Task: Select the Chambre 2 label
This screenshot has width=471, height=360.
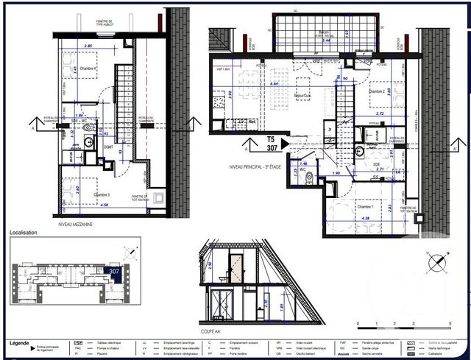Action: (x=377, y=92)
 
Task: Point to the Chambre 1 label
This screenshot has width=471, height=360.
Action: (x=366, y=208)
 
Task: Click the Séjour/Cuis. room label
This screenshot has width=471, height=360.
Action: (x=301, y=96)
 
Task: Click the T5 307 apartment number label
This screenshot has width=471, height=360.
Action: (x=270, y=142)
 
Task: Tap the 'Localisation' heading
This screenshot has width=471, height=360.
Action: (x=24, y=232)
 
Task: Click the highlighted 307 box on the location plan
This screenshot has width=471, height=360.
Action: (x=114, y=272)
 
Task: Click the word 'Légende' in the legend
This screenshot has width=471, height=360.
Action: (x=20, y=343)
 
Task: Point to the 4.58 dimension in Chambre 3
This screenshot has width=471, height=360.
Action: (x=85, y=205)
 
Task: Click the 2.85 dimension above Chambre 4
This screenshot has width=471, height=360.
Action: (x=89, y=46)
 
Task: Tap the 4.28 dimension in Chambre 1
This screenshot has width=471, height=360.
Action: (x=365, y=219)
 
